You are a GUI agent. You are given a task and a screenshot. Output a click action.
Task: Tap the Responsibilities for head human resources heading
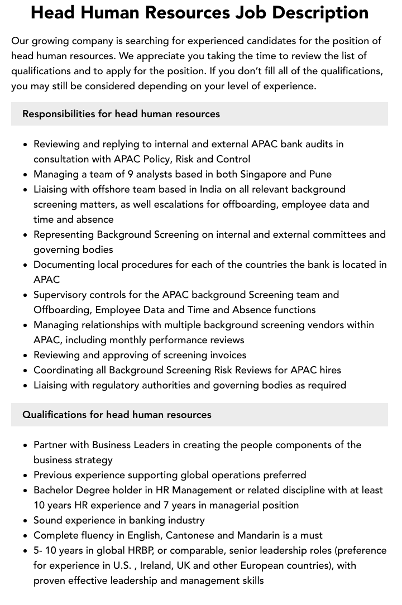pos(121,114)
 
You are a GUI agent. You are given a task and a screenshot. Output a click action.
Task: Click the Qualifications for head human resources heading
pos(117,415)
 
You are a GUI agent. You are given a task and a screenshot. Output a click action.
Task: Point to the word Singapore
pos(263,174)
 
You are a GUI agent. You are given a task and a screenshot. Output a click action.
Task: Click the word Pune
pos(320,174)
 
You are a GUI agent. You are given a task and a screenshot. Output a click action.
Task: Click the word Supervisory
pos(63,295)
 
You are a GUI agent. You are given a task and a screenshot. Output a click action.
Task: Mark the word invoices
pos(226,355)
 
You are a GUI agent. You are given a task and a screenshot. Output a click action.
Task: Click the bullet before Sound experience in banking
pos(26,520)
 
